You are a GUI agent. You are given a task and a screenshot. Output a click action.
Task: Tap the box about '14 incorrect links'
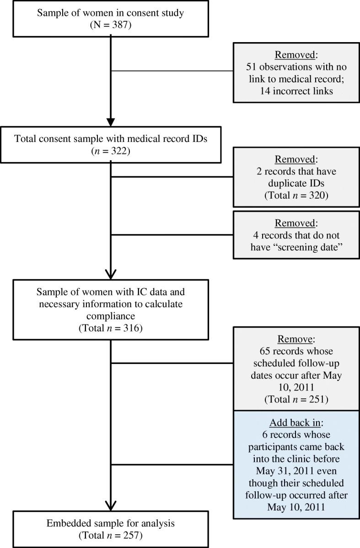[x=296, y=72]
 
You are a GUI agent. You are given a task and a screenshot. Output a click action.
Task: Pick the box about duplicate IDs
[x=296, y=177]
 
